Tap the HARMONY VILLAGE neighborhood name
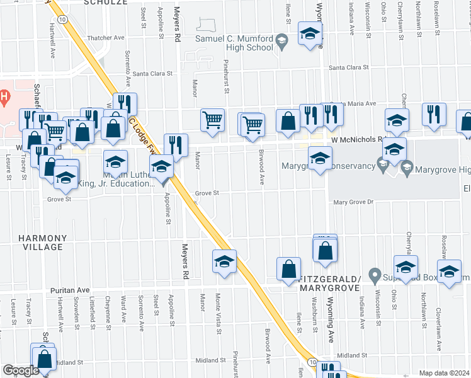(x=42, y=243)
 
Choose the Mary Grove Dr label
(x=353, y=202)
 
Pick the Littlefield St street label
(x=92, y=314)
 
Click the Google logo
(x=20, y=370)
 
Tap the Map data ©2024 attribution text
(x=443, y=373)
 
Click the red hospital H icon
(x=4, y=97)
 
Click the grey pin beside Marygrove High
(x=406, y=168)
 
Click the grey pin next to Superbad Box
(x=375, y=275)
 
